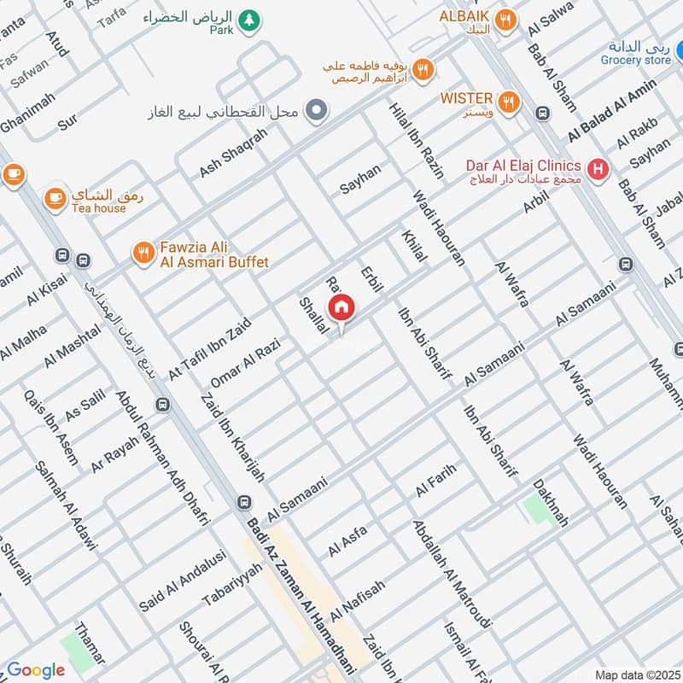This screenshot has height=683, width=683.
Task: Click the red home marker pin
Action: [341, 307]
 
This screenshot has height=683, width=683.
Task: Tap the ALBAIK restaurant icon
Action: [505, 20]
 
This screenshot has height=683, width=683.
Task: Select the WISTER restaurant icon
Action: [509, 103]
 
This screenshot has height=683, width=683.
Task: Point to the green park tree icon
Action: [248, 20]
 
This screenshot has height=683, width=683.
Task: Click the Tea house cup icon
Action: [55, 197]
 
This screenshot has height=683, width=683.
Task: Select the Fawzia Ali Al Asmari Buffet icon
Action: [143, 253]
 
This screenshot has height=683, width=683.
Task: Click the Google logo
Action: [36, 670]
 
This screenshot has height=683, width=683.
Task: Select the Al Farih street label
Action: [437, 479]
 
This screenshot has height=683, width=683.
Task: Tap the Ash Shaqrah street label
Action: [233, 153]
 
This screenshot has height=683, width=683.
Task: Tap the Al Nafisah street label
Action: [359, 600]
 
